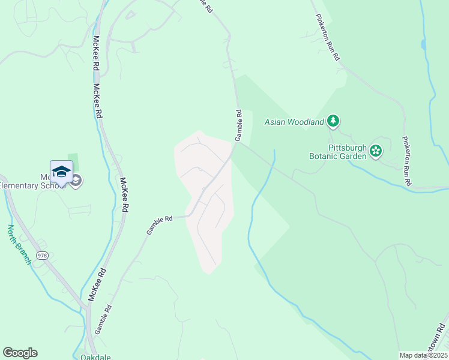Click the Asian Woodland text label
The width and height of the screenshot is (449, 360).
tap(294, 122)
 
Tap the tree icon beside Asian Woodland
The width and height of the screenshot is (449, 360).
tap(333, 122)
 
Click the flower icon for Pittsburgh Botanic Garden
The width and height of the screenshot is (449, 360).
tap(376, 151)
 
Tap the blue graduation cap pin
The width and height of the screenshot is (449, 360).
tap(61, 172)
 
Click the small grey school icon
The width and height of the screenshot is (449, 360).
tap(76, 181)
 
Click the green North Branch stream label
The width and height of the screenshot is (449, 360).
tap(19, 245)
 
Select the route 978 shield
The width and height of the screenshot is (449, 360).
tap(41, 256)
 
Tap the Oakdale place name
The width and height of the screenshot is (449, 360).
tap(95, 356)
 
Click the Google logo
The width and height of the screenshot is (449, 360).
tap(20, 353)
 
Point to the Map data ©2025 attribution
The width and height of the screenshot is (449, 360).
tap(423, 355)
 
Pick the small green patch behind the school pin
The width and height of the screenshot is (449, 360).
tap(75, 161)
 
